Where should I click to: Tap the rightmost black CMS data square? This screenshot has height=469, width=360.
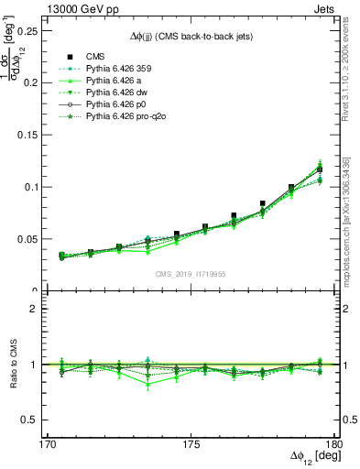pyautogui.click(x=320, y=169)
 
